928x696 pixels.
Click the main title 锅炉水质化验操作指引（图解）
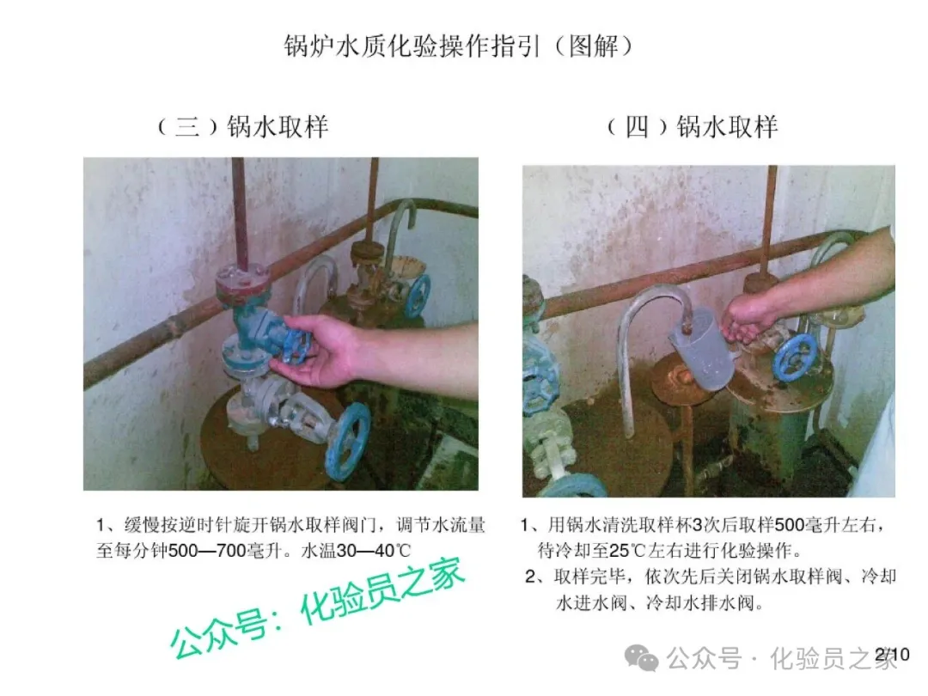459,46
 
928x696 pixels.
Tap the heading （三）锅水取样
243,126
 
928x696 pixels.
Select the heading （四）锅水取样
693,126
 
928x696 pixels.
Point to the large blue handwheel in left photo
349,440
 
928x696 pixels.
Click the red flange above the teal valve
242,281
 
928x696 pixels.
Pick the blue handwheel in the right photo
794,358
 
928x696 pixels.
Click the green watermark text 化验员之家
382,592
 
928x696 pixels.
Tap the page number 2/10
892,655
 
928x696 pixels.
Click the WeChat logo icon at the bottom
642,658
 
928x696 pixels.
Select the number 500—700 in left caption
207,551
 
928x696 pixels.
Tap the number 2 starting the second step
530,577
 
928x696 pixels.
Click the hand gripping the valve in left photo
326,352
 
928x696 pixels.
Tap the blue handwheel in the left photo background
418,295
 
